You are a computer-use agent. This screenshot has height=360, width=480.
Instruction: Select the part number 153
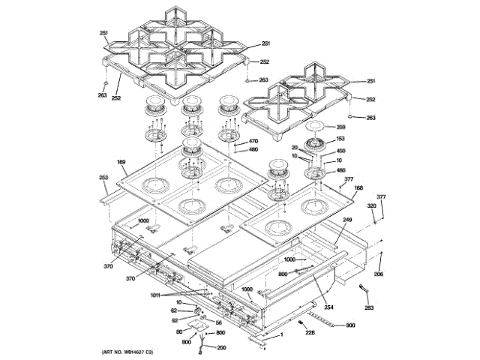pyautogui.click(x=340, y=139)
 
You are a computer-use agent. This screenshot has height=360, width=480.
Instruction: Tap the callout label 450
pyautogui.click(x=340, y=151)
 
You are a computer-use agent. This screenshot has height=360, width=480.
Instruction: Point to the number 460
pyautogui.click(x=340, y=170)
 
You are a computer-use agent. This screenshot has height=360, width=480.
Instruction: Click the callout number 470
pyautogui.click(x=253, y=141)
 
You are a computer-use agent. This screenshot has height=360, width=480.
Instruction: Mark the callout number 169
pyautogui.click(x=121, y=162)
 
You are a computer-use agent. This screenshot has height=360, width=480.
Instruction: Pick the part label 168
pyautogui.click(x=358, y=188)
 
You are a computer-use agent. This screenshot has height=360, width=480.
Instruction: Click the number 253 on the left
pyautogui.click(x=103, y=177)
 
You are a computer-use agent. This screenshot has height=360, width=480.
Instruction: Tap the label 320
pyautogui.click(x=371, y=205)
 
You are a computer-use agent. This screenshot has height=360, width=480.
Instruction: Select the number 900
pyautogui.click(x=349, y=325)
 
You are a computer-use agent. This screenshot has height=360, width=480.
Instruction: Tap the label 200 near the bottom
pyautogui.click(x=220, y=347)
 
